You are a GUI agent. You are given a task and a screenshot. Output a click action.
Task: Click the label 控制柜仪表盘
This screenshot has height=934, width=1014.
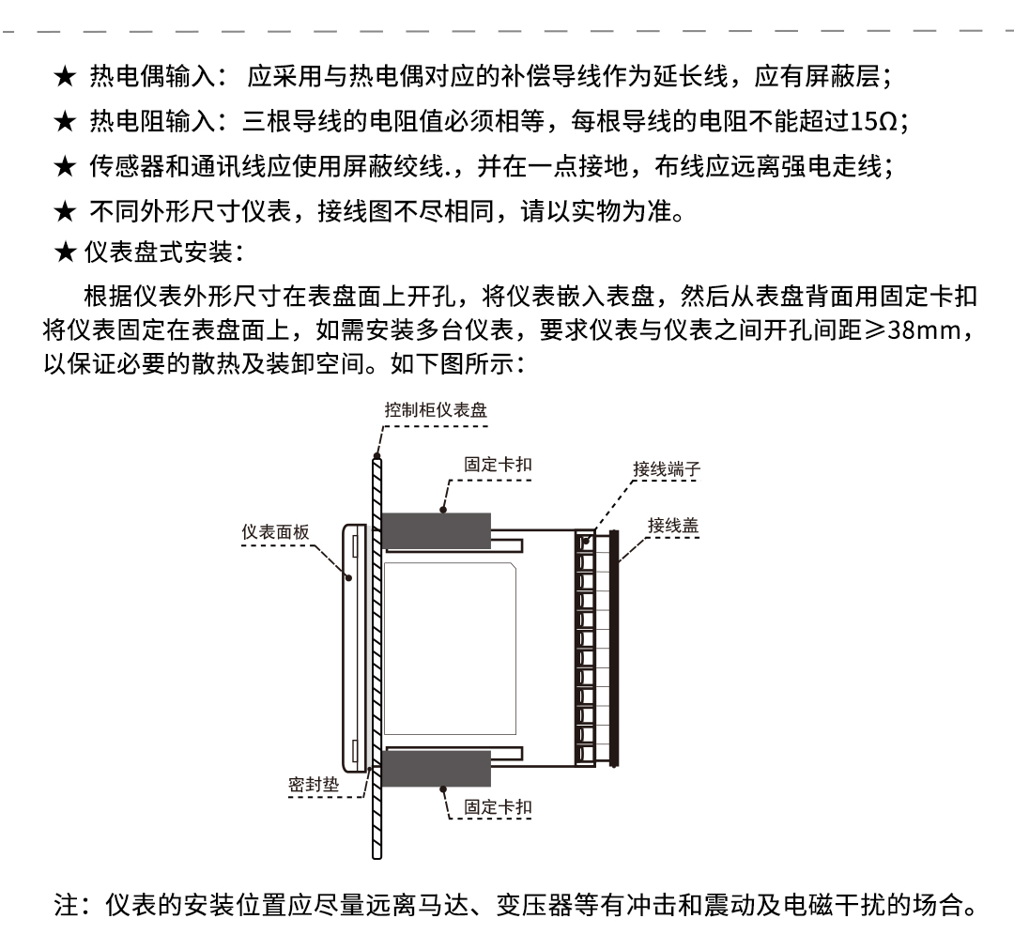[436, 410]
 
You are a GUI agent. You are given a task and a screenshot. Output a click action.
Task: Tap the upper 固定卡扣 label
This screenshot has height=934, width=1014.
[498, 464]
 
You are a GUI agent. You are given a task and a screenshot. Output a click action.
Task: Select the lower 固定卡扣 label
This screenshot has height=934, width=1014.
[498, 806]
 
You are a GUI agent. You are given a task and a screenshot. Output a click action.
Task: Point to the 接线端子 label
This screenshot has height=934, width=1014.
[667, 468]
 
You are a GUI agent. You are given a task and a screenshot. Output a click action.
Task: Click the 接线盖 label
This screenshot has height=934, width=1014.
[673, 525]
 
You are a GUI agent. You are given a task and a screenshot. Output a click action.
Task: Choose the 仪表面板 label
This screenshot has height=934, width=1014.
[275, 531]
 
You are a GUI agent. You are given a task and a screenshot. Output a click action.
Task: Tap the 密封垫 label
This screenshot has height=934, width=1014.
[314, 784]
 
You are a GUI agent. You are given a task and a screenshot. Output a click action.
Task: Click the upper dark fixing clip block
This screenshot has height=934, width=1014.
[436, 531]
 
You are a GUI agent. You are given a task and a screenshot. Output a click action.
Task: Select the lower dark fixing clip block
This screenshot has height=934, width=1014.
[436, 769]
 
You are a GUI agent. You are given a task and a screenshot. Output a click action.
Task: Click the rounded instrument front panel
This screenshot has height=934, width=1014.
[354, 649]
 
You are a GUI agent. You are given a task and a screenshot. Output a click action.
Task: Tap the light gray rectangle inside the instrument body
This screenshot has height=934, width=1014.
[450, 649]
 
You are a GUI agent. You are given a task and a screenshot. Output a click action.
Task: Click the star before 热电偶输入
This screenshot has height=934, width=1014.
[65, 77]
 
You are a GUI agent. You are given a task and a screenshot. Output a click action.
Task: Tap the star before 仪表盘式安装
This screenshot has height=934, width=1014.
[65, 253]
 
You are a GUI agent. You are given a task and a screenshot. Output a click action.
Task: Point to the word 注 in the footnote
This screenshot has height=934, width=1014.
[67, 905]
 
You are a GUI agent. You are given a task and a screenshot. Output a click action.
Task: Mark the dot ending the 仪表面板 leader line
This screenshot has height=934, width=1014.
[349, 577]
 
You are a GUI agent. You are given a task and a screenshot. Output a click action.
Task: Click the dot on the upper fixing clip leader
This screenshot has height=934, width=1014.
[443, 510]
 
